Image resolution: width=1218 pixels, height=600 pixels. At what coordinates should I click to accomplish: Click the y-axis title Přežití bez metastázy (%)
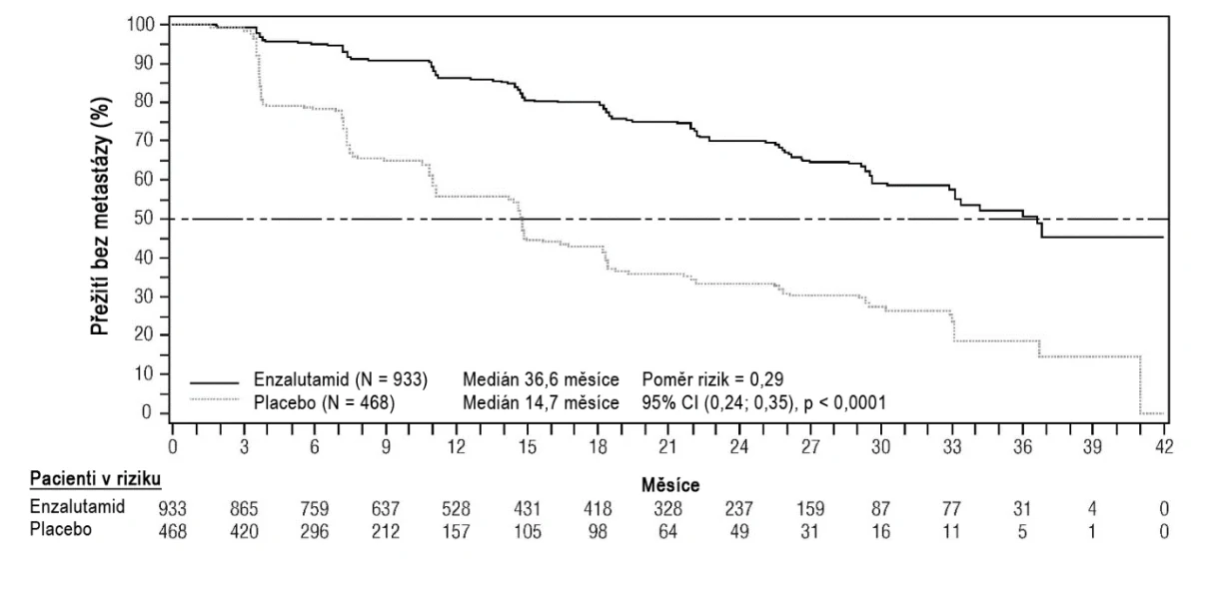coord(101,217)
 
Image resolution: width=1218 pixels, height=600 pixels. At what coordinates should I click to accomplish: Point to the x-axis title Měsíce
coord(670,485)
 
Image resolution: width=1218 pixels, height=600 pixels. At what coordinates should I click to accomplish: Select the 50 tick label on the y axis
coord(144,219)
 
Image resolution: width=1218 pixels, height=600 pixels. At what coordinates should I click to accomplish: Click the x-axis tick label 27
coord(810,446)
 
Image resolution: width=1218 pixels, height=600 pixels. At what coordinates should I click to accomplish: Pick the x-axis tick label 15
coord(527,446)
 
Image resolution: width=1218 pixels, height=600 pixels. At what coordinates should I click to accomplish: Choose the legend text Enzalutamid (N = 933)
coord(341,379)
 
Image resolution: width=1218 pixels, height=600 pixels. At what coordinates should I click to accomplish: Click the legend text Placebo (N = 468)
coord(324,402)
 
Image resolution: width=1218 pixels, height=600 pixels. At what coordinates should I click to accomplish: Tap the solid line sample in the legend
coord(214,382)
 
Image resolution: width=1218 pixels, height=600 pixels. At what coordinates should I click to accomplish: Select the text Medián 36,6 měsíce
coord(541,379)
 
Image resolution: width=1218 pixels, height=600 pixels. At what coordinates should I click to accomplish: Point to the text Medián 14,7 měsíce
coord(541,402)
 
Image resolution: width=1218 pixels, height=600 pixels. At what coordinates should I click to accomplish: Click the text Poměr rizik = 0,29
coord(712,379)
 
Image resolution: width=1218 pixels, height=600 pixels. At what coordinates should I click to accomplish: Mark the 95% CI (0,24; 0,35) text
coord(717,402)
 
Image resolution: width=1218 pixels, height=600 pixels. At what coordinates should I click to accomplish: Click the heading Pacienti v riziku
coord(95,479)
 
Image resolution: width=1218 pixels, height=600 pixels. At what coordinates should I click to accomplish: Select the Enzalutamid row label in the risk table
coord(77,506)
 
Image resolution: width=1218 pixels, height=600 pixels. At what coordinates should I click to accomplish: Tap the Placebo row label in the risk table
coord(60,529)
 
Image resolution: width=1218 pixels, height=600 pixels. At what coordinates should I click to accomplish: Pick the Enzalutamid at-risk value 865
coord(244,509)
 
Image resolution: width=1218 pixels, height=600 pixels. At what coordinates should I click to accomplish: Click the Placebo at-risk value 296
coord(315,531)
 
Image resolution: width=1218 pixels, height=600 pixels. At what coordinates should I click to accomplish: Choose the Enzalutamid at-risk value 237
coord(739,509)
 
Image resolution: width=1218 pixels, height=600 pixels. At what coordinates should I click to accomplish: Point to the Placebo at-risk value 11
coord(951,531)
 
